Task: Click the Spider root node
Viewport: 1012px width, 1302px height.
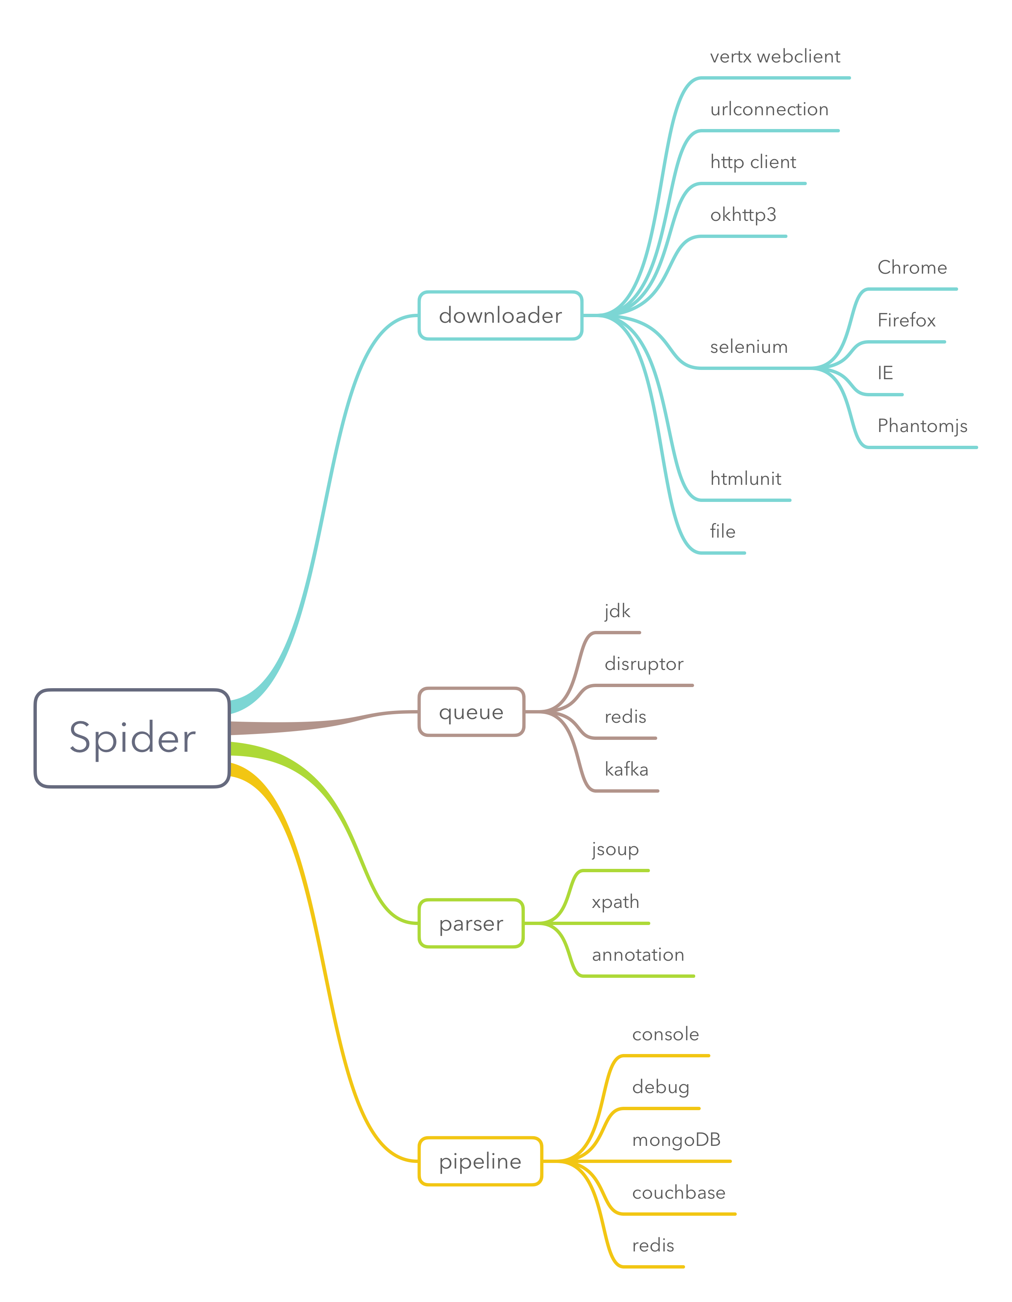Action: pos(132,738)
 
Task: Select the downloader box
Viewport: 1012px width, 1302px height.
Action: pos(500,315)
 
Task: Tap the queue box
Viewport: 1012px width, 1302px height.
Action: pos(471,712)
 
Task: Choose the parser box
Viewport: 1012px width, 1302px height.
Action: pos(471,924)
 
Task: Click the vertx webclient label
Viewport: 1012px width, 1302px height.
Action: pos(775,57)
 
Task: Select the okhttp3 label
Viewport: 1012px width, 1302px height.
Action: pos(743,215)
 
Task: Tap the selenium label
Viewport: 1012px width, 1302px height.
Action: pos(748,347)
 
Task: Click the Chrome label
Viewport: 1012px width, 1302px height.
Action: pos(912,268)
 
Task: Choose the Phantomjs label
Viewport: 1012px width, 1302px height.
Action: pos(922,426)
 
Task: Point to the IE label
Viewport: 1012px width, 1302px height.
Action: pos(885,373)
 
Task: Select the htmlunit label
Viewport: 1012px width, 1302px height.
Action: pos(745,479)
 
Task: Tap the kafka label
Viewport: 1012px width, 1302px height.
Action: pos(626,770)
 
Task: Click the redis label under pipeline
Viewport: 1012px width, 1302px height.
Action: pos(653,1245)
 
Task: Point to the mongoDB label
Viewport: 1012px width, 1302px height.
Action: pos(676,1140)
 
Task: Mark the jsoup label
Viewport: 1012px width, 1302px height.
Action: pos(615,850)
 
